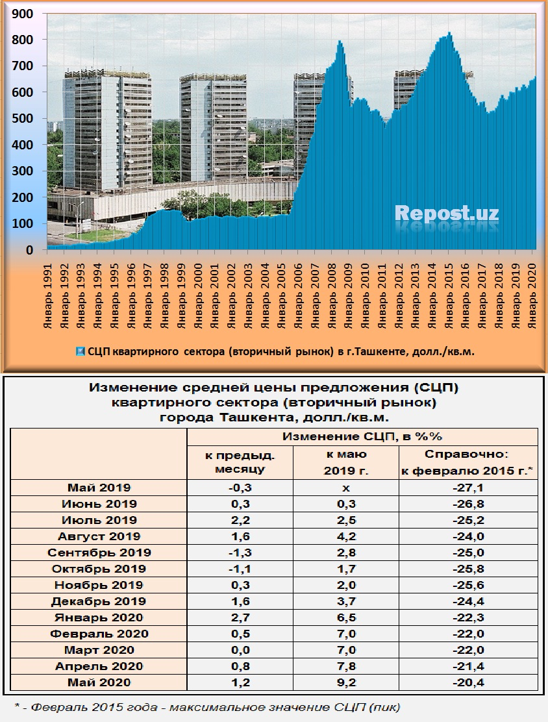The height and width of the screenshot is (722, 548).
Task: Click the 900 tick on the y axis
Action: [24, 14]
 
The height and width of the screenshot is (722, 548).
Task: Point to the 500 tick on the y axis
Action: [24, 119]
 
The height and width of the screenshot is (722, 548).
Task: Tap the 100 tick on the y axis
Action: [24, 224]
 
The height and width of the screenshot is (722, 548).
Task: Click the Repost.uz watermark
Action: [447, 213]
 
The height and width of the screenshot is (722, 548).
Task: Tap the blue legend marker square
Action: [80, 352]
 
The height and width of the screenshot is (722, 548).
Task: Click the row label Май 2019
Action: [99, 488]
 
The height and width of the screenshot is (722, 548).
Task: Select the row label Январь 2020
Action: [99, 617]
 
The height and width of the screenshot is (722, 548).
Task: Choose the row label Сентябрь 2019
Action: [99, 553]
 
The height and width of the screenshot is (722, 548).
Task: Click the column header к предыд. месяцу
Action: [240, 462]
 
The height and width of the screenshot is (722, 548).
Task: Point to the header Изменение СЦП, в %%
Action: [362, 436]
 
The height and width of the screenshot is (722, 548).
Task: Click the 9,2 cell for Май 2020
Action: [345, 682]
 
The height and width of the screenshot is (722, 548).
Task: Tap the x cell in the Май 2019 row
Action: [345, 488]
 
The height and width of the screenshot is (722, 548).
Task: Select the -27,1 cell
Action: [467, 488]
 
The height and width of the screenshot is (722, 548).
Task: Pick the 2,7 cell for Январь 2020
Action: [240, 617]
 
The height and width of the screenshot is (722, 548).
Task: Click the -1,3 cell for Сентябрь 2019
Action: [240, 553]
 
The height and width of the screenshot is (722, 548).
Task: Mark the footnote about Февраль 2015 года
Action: [207, 706]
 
